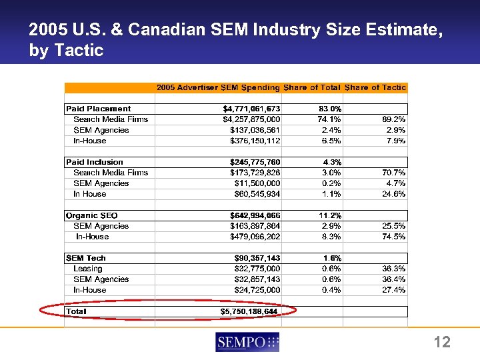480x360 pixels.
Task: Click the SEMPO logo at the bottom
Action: pyautogui.click(x=247, y=342)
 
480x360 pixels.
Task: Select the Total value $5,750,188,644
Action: pyautogui.click(x=250, y=311)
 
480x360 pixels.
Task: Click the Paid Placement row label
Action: pyautogui.click(x=98, y=109)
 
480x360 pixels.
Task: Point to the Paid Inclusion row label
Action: pyautogui.click(x=95, y=162)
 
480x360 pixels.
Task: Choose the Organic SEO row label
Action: pyautogui.click(x=92, y=215)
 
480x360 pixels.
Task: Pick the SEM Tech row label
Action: pyautogui.click(x=86, y=258)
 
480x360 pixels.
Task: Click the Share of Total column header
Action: pyautogui.click(x=312, y=87)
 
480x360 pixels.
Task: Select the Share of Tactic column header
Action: pyautogui.click(x=375, y=87)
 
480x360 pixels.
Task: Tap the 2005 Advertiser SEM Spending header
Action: pyautogui.click(x=218, y=87)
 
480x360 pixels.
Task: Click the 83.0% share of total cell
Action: pyautogui.click(x=329, y=109)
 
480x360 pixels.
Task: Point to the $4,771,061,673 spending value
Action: pyautogui.click(x=251, y=109)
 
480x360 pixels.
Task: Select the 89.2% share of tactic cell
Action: pyautogui.click(x=391, y=119)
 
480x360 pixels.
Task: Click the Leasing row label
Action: pyautogui.click(x=88, y=269)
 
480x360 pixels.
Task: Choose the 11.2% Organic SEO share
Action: pyautogui.click(x=329, y=215)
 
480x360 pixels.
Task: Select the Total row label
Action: pyautogui.click(x=77, y=311)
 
